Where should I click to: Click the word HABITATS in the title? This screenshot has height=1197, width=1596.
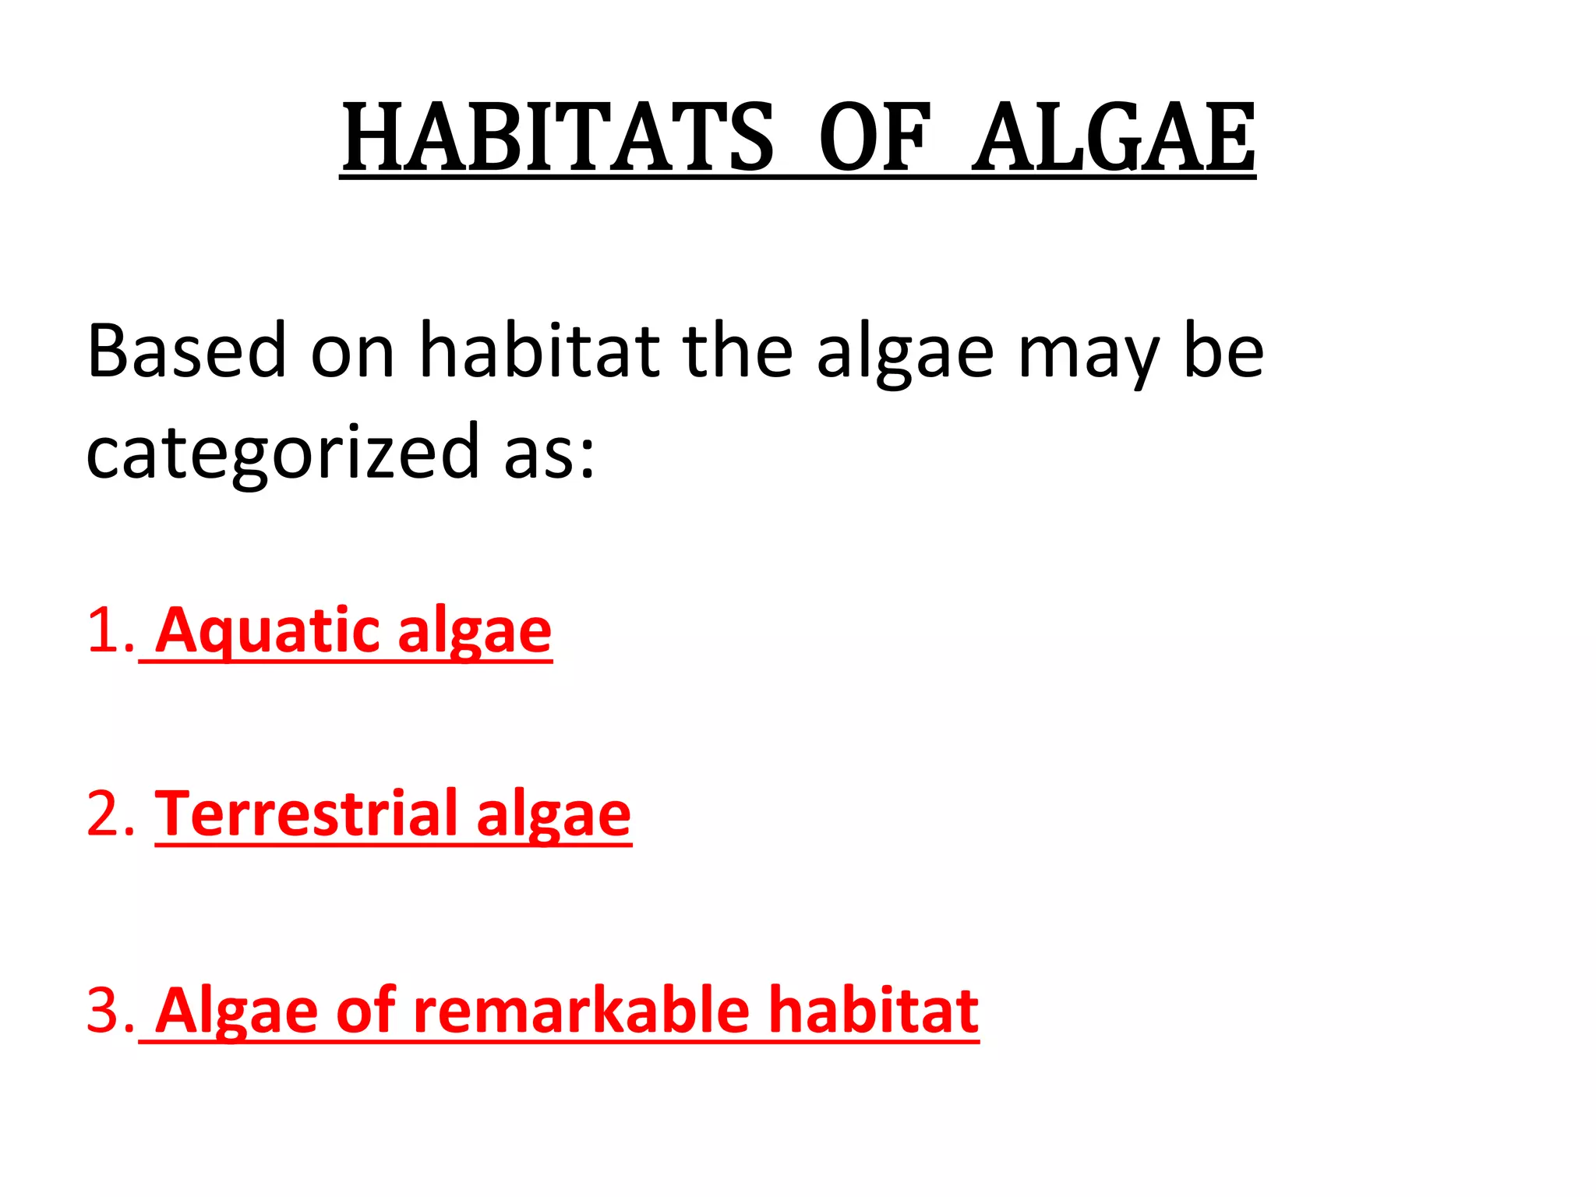[x=558, y=138]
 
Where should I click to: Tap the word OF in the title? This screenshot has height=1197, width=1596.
[x=874, y=138]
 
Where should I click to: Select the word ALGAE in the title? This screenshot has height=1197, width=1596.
[x=1114, y=138]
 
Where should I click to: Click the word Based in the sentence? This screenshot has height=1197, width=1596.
[x=187, y=351]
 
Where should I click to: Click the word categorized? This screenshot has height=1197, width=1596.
[x=282, y=453]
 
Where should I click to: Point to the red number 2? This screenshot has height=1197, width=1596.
[x=108, y=814]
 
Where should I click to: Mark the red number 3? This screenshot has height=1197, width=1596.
[x=108, y=1010]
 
